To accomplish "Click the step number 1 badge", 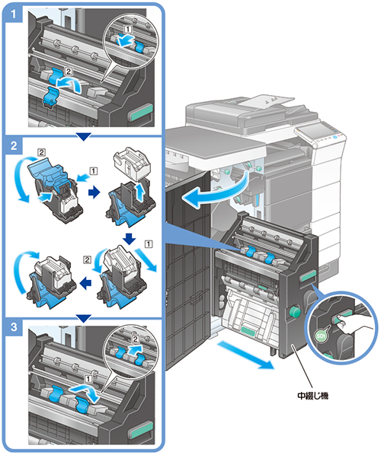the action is (x=14, y=14).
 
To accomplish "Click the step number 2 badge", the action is (x=14, y=145).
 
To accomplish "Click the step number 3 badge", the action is (x=14, y=327).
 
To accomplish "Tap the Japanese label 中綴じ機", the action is (x=312, y=396).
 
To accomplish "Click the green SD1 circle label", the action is (x=321, y=336).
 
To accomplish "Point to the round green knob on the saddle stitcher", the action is (x=294, y=312).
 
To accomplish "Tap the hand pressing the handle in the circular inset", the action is (x=353, y=324).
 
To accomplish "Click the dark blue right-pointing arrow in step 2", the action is (x=94, y=192).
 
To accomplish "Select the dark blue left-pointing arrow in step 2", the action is (x=86, y=282).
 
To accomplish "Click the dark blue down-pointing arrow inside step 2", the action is (x=129, y=238).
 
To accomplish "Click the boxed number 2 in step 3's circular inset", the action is (x=136, y=339).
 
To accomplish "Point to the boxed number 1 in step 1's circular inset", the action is (x=128, y=29).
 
